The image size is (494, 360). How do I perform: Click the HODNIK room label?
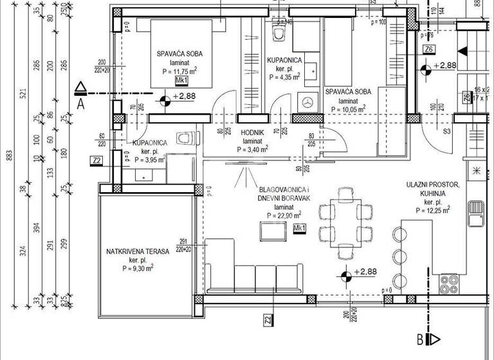pyautogui.click(x=248, y=132)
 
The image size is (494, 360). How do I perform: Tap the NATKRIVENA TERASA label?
pyautogui.click(x=137, y=251)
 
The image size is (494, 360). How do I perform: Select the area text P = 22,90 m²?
pyautogui.click(x=275, y=217)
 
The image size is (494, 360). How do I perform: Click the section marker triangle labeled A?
pyautogui.click(x=80, y=88)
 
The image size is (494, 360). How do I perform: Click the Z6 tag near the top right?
pyautogui.click(x=429, y=49)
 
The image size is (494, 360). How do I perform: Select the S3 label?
pyautogui.click(x=446, y=132)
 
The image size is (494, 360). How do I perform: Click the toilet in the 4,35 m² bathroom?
pyautogui.click(x=279, y=32)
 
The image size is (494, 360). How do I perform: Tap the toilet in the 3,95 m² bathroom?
pyautogui.click(x=187, y=139)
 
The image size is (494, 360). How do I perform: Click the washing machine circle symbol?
pyautogui.click(x=307, y=101)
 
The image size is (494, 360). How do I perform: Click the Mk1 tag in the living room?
pyautogui.click(x=299, y=228)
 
